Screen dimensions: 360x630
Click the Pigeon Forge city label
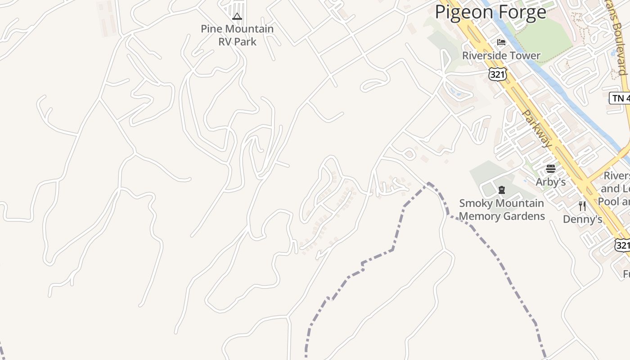point(490,12)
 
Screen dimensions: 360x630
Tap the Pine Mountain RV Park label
point(237,35)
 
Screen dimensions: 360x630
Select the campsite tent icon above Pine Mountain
point(237,17)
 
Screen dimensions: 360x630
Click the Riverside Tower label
point(501,56)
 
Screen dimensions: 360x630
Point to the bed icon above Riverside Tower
point(501,43)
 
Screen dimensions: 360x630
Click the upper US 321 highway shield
point(498,75)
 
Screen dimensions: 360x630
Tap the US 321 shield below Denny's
point(622,245)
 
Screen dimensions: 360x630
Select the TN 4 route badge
point(620,98)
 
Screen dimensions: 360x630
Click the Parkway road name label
point(537,129)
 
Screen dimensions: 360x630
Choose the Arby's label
point(551,182)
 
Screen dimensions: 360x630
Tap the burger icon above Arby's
point(551,169)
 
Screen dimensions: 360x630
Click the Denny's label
point(583,220)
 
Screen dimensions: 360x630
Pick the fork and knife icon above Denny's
point(583,206)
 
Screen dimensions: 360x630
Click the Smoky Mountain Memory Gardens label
point(502,210)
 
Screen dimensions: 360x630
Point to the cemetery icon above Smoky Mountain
point(502,190)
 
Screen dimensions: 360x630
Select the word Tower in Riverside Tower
point(525,56)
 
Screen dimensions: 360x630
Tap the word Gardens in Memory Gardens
point(524,216)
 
